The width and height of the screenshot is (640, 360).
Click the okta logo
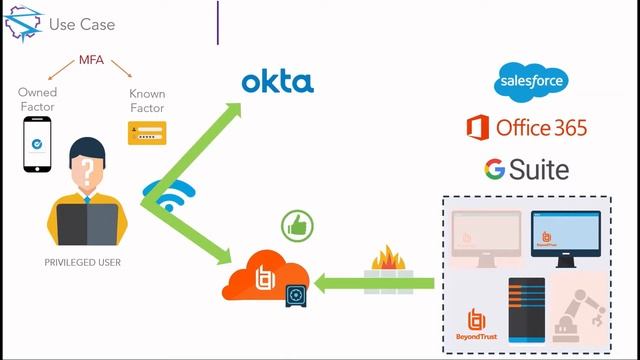pos(278,82)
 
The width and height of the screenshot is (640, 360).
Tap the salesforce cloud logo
pos(531,82)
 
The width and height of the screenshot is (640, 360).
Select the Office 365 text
pos(541,128)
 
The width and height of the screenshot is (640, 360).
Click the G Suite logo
pos(527,169)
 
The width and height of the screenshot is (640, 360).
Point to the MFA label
pos(91,60)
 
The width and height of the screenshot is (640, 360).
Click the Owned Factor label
pos(37,100)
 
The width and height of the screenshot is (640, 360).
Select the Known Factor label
pos(147,101)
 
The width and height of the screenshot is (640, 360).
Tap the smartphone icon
pos(37,144)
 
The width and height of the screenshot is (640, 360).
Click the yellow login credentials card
pos(147,133)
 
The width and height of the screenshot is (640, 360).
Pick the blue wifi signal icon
pos(169,196)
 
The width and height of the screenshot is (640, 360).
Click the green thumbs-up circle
pos(297,226)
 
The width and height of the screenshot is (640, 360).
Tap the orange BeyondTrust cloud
pos(264,276)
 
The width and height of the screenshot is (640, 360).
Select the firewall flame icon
pos(388,258)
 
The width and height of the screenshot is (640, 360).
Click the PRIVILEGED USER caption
pos(82,262)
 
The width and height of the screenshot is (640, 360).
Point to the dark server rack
pos(527,310)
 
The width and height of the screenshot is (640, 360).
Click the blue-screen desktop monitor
pos(566,238)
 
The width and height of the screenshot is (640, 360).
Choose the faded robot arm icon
pos(580,315)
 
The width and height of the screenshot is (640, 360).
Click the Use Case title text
pos(82,24)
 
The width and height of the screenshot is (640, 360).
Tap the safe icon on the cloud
pos(296,295)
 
